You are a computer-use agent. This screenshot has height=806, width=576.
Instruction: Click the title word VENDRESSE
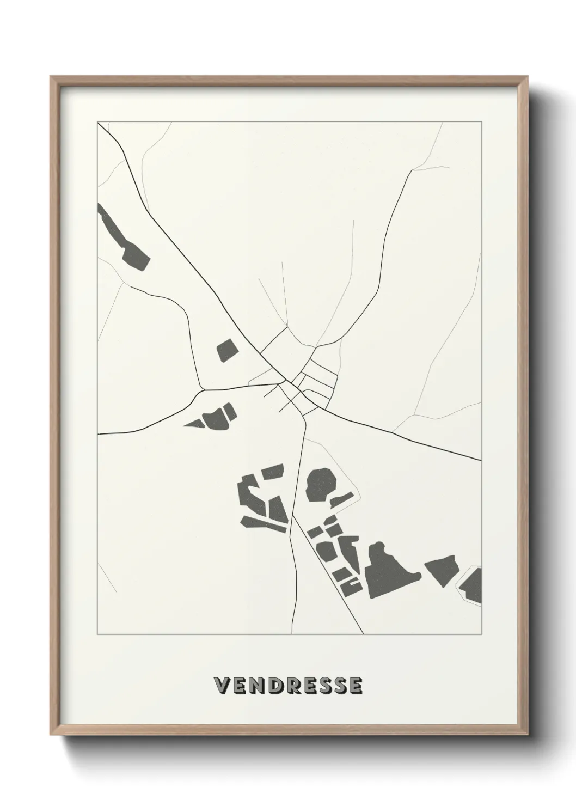(288, 686)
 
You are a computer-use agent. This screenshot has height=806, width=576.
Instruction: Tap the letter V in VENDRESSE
(223, 686)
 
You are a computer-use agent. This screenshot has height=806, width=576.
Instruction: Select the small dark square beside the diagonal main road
(227, 350)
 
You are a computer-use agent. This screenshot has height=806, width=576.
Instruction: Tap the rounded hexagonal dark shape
(320, 484)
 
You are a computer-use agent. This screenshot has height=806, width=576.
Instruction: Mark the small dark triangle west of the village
(193, 423)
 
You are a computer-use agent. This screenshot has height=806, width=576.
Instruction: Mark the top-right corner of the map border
(481, 122)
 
